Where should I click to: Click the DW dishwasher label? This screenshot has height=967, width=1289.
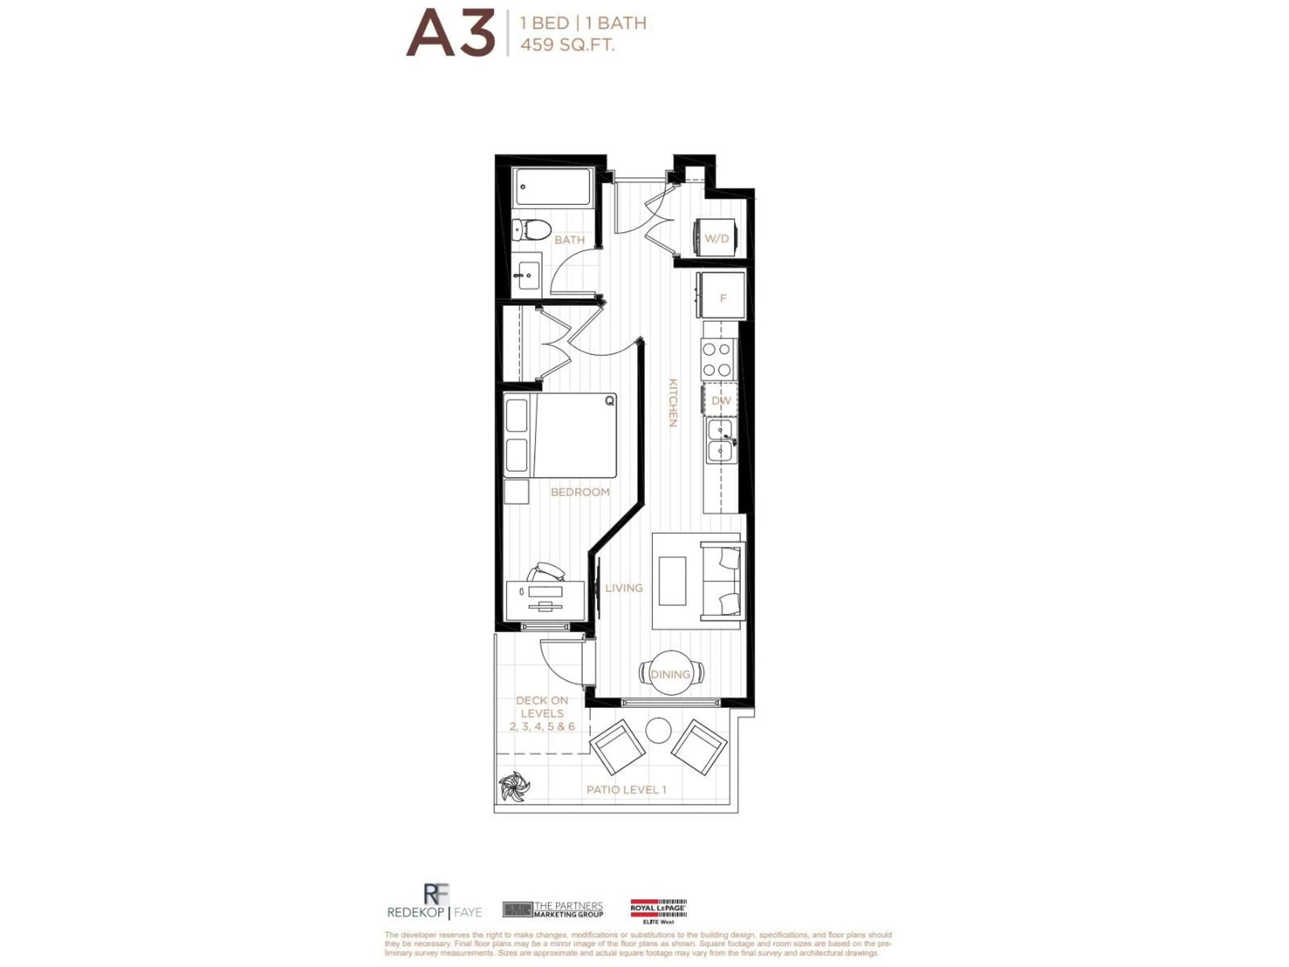pyautogui.click(x=721, y=401)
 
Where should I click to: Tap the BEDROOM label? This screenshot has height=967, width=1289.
pyautogui.click(x=580, y=492)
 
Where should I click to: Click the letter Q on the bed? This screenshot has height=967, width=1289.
pyautogui.click(x=609, y=401)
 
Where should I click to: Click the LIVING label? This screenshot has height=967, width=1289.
pyautogui.click(x=624, y=588)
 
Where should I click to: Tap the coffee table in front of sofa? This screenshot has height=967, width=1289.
pyautogui.click(x=672, y=581)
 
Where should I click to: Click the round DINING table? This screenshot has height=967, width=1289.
pyautogui.click(x=671, y=673)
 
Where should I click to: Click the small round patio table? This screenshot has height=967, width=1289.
pyautogui.click(x=659, y=730)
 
